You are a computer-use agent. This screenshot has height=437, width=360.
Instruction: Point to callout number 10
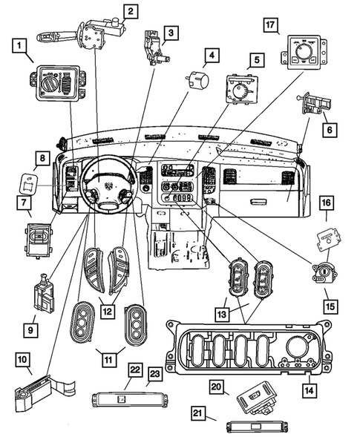[x=24, y=360]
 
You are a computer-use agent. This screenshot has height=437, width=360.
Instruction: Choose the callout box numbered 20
[x=216, y=386]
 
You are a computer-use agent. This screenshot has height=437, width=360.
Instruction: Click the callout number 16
[x=324, y=202]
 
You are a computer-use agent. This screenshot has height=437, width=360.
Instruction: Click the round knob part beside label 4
[x=197, y=79]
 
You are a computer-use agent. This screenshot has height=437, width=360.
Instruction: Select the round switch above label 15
[x=324, y=273]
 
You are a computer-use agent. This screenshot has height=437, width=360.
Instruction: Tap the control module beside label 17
[x=301, y=53]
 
